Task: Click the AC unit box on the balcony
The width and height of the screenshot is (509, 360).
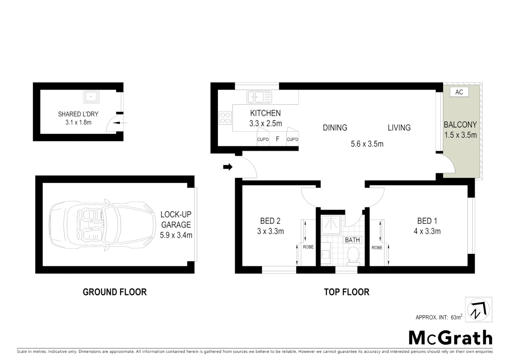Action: tap(459, 92)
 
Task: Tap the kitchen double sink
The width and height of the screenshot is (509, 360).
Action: tap(259, 97)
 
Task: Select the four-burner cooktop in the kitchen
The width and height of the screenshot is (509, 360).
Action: tap(225, 118)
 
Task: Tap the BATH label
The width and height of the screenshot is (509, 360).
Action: tap(352, 240)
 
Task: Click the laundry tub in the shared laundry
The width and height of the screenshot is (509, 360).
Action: tap(91, 97)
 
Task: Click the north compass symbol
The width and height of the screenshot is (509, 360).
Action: tap(479, 310)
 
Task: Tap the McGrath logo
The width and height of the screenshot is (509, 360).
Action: tap(450, 338)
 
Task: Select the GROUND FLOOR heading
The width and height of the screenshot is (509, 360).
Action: tap(115, 292)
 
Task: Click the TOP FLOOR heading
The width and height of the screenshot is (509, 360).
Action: tap(347, 292)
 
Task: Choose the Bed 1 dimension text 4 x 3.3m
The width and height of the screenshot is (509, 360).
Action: tap(427, 231)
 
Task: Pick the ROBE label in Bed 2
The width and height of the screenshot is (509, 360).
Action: tap(308, 247)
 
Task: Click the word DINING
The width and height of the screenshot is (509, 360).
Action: tap(335, 128)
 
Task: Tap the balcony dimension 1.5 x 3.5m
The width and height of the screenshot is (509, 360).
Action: tap(460, 135)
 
